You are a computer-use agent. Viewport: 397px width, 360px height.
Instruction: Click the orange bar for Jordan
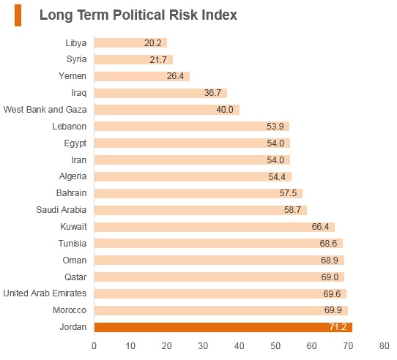[x=223, y=327]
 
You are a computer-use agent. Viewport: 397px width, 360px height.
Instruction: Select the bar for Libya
[x=130, y=42]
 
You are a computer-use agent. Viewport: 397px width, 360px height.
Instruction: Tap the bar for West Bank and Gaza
[x=166, y=110]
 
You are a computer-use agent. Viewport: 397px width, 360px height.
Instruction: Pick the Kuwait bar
[x=214, y=227]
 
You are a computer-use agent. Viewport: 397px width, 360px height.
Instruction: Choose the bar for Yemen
[x=142, y=76]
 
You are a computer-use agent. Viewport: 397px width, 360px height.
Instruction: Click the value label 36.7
[x=212, y=93]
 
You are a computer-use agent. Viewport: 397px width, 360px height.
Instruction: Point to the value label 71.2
[x=338, y=327]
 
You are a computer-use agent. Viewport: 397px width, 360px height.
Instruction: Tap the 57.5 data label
[x=288, y=193]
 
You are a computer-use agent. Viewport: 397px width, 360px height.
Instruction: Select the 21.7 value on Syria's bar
[x=158, y=60]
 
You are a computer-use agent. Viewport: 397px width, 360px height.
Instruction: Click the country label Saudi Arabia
[x=62, y=210]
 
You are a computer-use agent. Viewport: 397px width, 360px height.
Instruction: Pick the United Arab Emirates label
[x=45, y=293]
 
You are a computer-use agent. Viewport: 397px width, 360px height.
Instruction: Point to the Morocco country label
[x=70, y=310]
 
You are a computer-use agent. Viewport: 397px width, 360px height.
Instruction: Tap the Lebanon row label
[x=69, y=127]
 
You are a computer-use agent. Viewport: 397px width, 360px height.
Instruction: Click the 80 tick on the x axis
[x=384, y=346]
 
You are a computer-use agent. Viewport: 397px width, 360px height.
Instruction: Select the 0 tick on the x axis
[x=94, y=346]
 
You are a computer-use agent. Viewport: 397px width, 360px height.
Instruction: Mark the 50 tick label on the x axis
[x=275, y=346]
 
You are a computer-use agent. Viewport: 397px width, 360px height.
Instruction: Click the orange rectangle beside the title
[x=18, y=15]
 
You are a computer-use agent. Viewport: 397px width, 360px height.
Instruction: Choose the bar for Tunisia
[x=218, y=244]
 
